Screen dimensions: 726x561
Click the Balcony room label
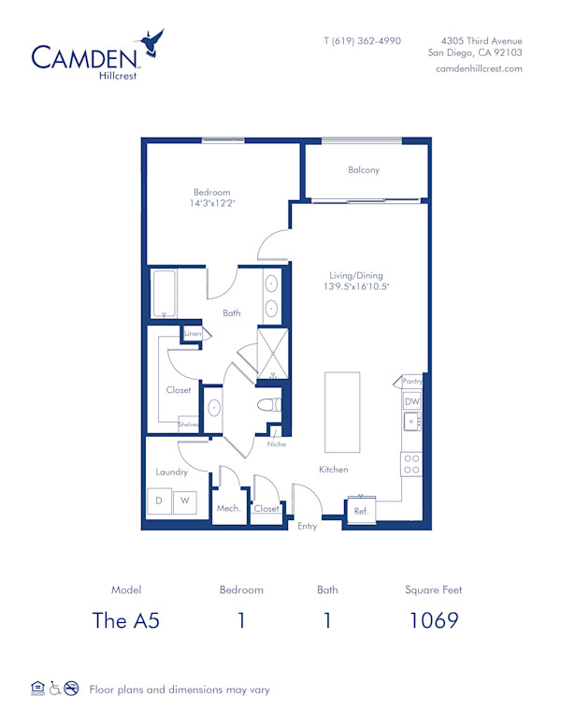click(364, 170)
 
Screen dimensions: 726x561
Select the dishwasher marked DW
click(412, 401)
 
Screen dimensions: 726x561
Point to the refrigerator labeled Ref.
click(361, 511)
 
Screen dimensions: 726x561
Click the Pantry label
click(412, 381)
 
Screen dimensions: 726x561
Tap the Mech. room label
click(228, 508)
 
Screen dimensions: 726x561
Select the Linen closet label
click(193, 334)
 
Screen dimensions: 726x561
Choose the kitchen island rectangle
click(342, 411)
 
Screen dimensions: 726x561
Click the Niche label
click(276, 443)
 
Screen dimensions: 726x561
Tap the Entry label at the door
click(307, 527)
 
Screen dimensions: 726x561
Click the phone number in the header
click(362, 41)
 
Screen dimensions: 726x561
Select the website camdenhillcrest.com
click(479, 69)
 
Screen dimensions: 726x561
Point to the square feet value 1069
click(434, 619)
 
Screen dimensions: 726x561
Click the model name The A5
click(125, 619)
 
